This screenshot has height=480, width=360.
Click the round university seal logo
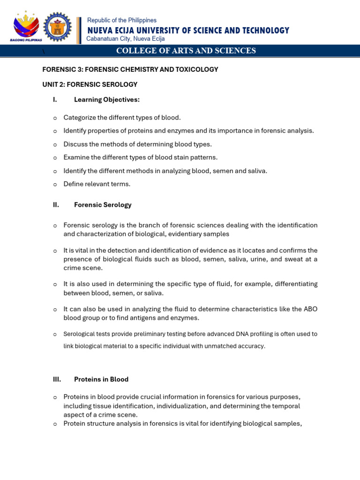[x=57, y=26]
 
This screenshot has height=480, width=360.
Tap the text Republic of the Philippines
[x=122, y=20]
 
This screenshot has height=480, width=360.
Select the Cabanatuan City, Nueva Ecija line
[x=126, y=39]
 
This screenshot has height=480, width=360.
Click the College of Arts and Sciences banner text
[x=186, y=51]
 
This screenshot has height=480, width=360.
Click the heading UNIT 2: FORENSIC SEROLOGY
[x=90, y=84]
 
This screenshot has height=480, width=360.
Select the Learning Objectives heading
[x=107, y=100]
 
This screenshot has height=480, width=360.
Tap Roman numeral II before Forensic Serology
[x=56, y=205]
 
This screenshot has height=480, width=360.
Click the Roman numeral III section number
[x=57, y=379]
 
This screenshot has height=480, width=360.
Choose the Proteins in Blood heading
[x=101, y=379]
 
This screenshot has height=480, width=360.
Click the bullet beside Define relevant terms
[x=55, y=184]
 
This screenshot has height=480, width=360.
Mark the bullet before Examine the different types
[x=55, y=157]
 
